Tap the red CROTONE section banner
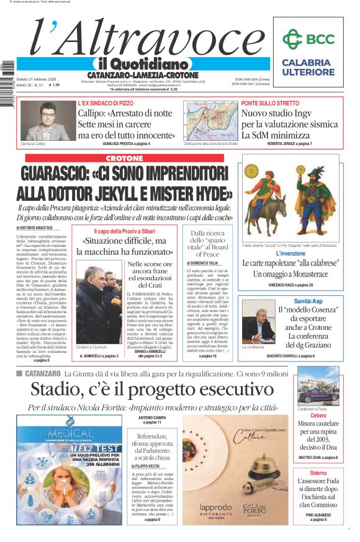click(125, 159)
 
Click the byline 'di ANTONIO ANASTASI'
click(37, 228)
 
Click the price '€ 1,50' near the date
click(52, 85)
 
